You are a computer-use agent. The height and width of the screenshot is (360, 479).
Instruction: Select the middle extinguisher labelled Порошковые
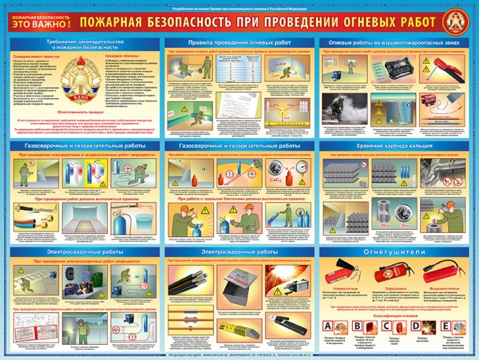click(392, 274)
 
